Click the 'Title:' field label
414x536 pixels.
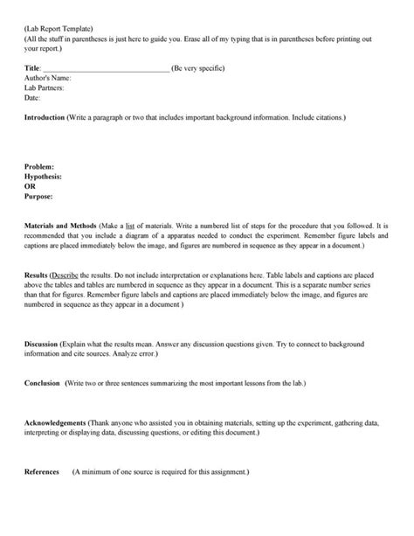coord(32,68)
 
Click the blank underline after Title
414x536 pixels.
coord(106,69)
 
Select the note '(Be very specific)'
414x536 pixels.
coord(202,68)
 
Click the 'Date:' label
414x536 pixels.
coord(32,97)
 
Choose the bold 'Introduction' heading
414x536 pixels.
coord(50,116)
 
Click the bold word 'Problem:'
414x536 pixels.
coord(39,165)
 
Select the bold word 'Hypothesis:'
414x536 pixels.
coord(44,175)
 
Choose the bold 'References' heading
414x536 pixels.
coord(41,471)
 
